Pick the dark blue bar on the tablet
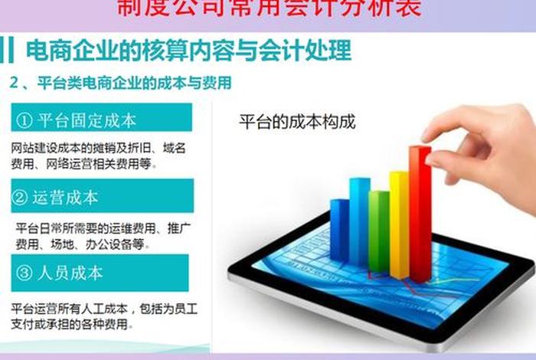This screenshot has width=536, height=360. click(339, 234)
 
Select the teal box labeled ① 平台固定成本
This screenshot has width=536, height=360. click(101, 120)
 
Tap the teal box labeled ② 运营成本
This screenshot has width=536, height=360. click(101, 196)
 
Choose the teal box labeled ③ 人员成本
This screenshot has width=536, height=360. click(101, 273)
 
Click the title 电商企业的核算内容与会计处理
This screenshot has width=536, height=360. click(188, 51)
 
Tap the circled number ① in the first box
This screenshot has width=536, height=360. click(24, 120)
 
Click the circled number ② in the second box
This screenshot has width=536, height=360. click(21, 197)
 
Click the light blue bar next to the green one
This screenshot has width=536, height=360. click(359, 226)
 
